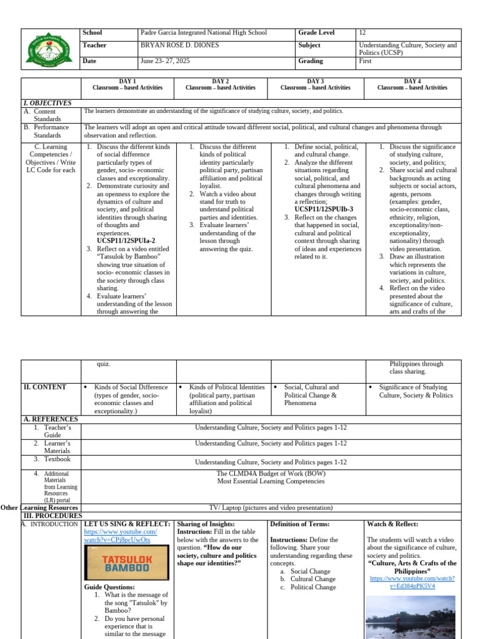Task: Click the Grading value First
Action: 366,61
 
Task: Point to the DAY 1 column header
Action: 127,85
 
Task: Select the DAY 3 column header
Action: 315,85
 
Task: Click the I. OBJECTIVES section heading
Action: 47,103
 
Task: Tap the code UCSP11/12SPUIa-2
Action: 126,240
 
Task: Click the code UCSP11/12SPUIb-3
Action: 324,209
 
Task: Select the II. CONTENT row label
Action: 45,387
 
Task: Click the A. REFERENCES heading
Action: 51,419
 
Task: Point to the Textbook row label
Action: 57,459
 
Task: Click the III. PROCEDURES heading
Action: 52,516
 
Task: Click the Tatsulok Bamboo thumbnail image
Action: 127,563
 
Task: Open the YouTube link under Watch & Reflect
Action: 412,582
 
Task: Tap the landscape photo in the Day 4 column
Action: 411,616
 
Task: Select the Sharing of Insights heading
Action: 206,524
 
